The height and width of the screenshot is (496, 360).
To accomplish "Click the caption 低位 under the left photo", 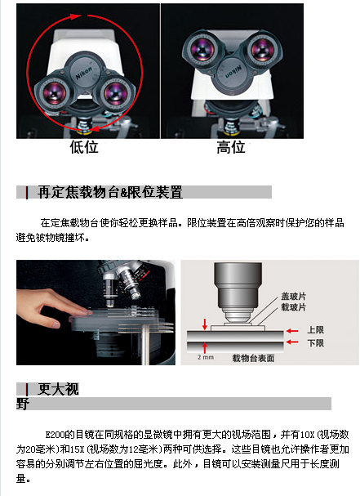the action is click(84, 147).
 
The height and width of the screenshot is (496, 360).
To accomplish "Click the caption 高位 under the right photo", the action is click(231, 147).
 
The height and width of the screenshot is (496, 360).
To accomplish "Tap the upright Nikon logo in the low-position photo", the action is click(84, 73).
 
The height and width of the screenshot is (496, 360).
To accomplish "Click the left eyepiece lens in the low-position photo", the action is click(54, 92).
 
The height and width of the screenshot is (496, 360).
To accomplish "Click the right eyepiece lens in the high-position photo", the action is click(262, 49).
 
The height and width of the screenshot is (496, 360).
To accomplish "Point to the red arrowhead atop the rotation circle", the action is click(76, 16).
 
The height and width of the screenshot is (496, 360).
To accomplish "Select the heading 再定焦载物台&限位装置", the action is click(110, 192).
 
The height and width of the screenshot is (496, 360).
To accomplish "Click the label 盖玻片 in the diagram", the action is click(294, 297).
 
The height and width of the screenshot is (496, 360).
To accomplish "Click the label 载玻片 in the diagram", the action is click(294, 307).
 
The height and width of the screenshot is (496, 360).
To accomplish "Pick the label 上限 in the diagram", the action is click(316, 330).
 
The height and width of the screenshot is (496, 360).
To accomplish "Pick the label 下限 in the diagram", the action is click(316, 343).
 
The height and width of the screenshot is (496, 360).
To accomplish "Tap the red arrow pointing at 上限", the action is click(292, 331).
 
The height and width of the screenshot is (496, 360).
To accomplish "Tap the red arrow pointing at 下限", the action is click(292, 342).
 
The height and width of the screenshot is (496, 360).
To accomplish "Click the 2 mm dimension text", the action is click(206, 357).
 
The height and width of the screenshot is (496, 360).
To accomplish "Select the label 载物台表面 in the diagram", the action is click(253, 358).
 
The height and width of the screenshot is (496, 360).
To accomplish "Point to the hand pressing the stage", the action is click(50, 307).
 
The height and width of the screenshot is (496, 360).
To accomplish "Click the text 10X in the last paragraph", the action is click(306, 435).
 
